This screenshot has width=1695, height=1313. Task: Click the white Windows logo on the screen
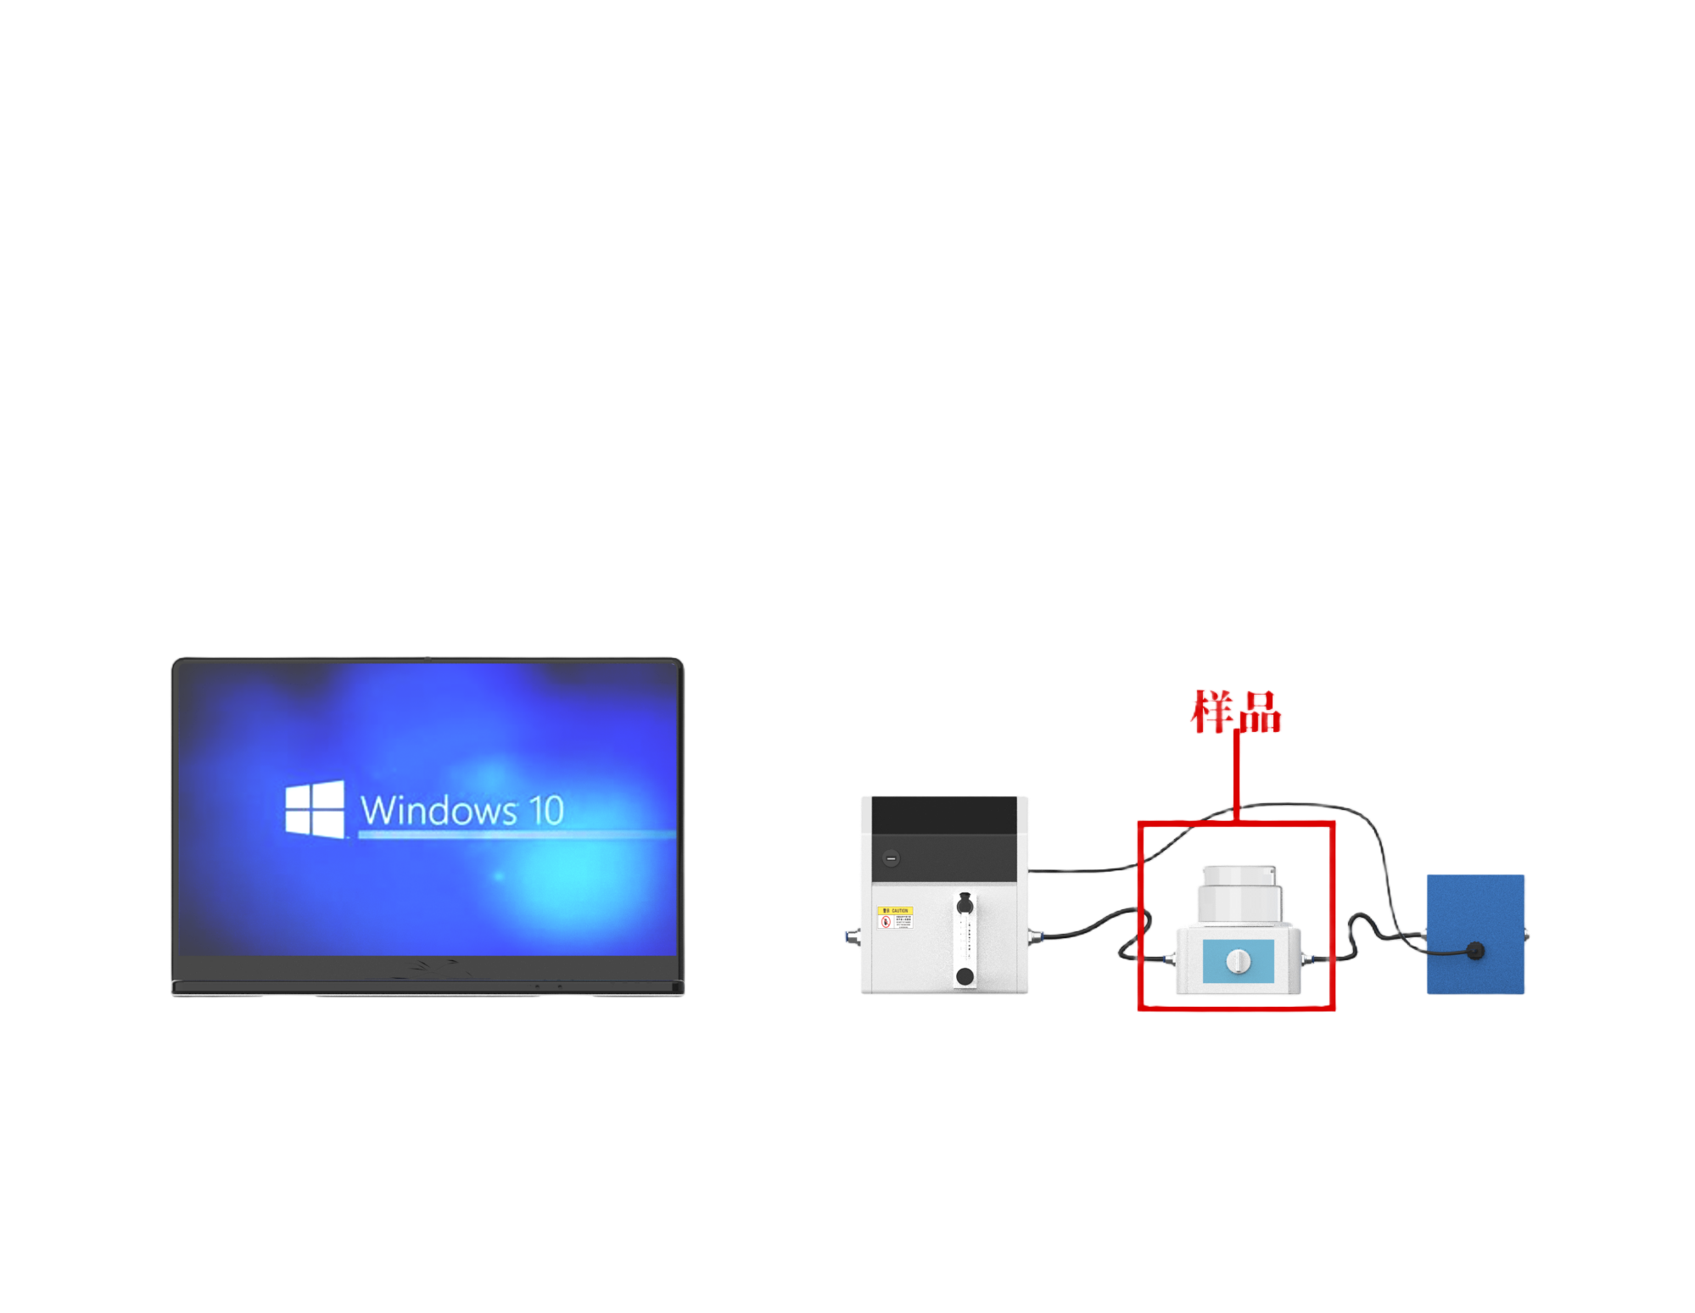pyautogui.click(x=315, y=809)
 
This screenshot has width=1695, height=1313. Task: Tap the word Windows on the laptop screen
pyautogui.click(x=438, y=810)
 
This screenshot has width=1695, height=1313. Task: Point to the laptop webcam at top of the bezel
pyautogui.click(x=427, y=659)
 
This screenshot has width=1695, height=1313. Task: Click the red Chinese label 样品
pyautogui.click(x=1235, y=711)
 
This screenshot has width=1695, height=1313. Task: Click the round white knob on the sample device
pyautogui.click(x=1239, y=961)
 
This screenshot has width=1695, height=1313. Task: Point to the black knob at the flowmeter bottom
pyautogui.click(x=965, y=976)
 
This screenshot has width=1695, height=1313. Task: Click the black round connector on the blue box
pyautogui.click(x=1475, y=950)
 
